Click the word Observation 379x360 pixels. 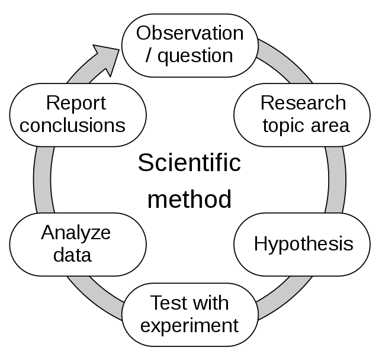pyautogui.click(x=189, y=33)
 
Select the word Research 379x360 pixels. pyautogui.click(x=303, y=103)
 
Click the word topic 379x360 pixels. pyautogui.click(x=283, y=126)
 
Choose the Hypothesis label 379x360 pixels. pyautogui.click(x=304, y=245)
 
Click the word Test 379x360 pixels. pyautogui.click(x=169, y=303)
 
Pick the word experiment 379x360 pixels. pyautogui.click(x=189, y=326)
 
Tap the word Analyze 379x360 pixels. pyautogui.click(x=76, y=233)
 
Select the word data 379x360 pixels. pyautogui.click(x=72, y=255)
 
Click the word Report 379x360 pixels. pyautogui.click(x=76, y=104)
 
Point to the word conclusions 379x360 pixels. pyautogui.click(x=72, y=126)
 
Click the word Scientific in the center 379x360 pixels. pyautogui.click(x=189, y=163)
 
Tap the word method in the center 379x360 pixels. pyautogui.click(x=189, y=200)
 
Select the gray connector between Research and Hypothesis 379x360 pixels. pyautogui.click(x=336, y=180)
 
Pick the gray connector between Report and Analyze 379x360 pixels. pyautogui.click(x=43, y=180)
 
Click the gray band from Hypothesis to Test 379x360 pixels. pyautogui.click(x=285, y=298)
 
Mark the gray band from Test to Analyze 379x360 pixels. pyautogui.click(x=94, y=298)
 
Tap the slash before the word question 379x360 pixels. pyautogui.click(x=149, y=56)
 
